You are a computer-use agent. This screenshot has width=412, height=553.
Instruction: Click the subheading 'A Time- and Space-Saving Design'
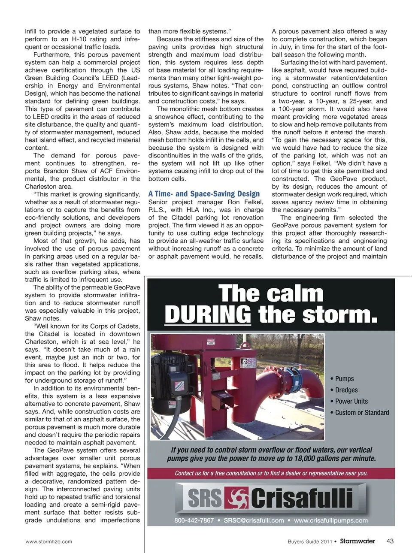coord(204,194)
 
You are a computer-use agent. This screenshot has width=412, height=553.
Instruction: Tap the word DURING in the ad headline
coord(208,314)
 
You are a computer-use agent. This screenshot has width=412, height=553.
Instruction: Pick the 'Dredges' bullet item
coord(346,390)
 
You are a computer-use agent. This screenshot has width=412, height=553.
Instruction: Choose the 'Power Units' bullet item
coord(351,401)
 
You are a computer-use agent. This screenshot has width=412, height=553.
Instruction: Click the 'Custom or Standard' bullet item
coord(362,413)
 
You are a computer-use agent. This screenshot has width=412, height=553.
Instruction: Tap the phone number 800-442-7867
coord(194,520)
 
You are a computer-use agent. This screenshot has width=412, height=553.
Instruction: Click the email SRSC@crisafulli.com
coord(254,520)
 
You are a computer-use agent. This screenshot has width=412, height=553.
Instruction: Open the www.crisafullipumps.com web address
coord(330,520)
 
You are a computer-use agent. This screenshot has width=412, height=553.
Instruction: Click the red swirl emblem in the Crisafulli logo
coord(237,498)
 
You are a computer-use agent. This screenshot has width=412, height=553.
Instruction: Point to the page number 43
coord(390,541)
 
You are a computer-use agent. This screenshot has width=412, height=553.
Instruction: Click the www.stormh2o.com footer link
coord(49,541)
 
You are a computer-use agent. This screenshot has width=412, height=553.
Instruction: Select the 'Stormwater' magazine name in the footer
coord(357,541)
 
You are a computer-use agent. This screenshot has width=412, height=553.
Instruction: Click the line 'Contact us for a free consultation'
coord(271,473)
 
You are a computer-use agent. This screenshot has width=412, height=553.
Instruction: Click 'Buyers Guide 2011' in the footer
coord(309,541)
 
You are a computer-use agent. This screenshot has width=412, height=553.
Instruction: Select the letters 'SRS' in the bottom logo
coord(205,498)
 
